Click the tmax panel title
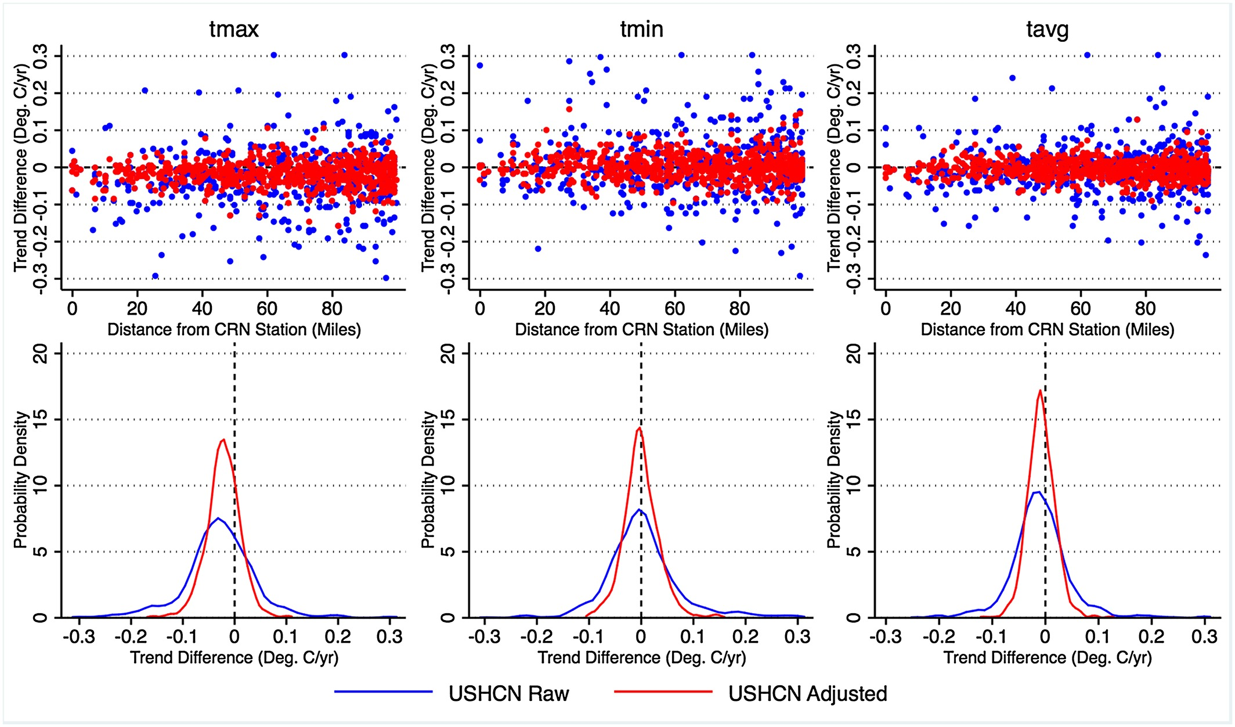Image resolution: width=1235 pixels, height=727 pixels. [x=234, y=29]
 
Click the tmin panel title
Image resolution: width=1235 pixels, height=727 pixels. [x=641, y=29]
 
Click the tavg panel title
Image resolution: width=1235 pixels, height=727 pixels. [x=1047, y=29]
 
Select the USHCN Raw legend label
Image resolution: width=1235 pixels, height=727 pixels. [x=508, y=694]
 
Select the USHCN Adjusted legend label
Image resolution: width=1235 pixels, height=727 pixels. [x=807, y=694]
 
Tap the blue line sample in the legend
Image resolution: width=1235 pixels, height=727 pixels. [x=383, y=692]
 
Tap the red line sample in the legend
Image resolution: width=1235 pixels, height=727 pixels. [x=663, y=692]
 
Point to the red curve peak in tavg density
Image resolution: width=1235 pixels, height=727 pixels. [x=1040, y=390]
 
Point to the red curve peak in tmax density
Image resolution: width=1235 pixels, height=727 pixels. [x=223, y=440]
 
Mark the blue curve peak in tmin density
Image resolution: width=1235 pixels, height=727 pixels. [x=638, y=509]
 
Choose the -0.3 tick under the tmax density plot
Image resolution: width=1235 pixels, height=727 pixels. [x=78, y=637]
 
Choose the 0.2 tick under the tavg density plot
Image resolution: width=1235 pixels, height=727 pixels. [x=1151, y=637]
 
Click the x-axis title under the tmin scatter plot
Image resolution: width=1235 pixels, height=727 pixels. [x=641, y=330]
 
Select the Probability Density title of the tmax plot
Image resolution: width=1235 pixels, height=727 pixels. [x=21, y=480]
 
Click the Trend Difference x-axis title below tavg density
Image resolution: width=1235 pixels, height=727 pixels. [x=1047, y=658]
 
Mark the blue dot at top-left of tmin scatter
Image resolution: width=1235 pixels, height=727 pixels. [x=480, y=66]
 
